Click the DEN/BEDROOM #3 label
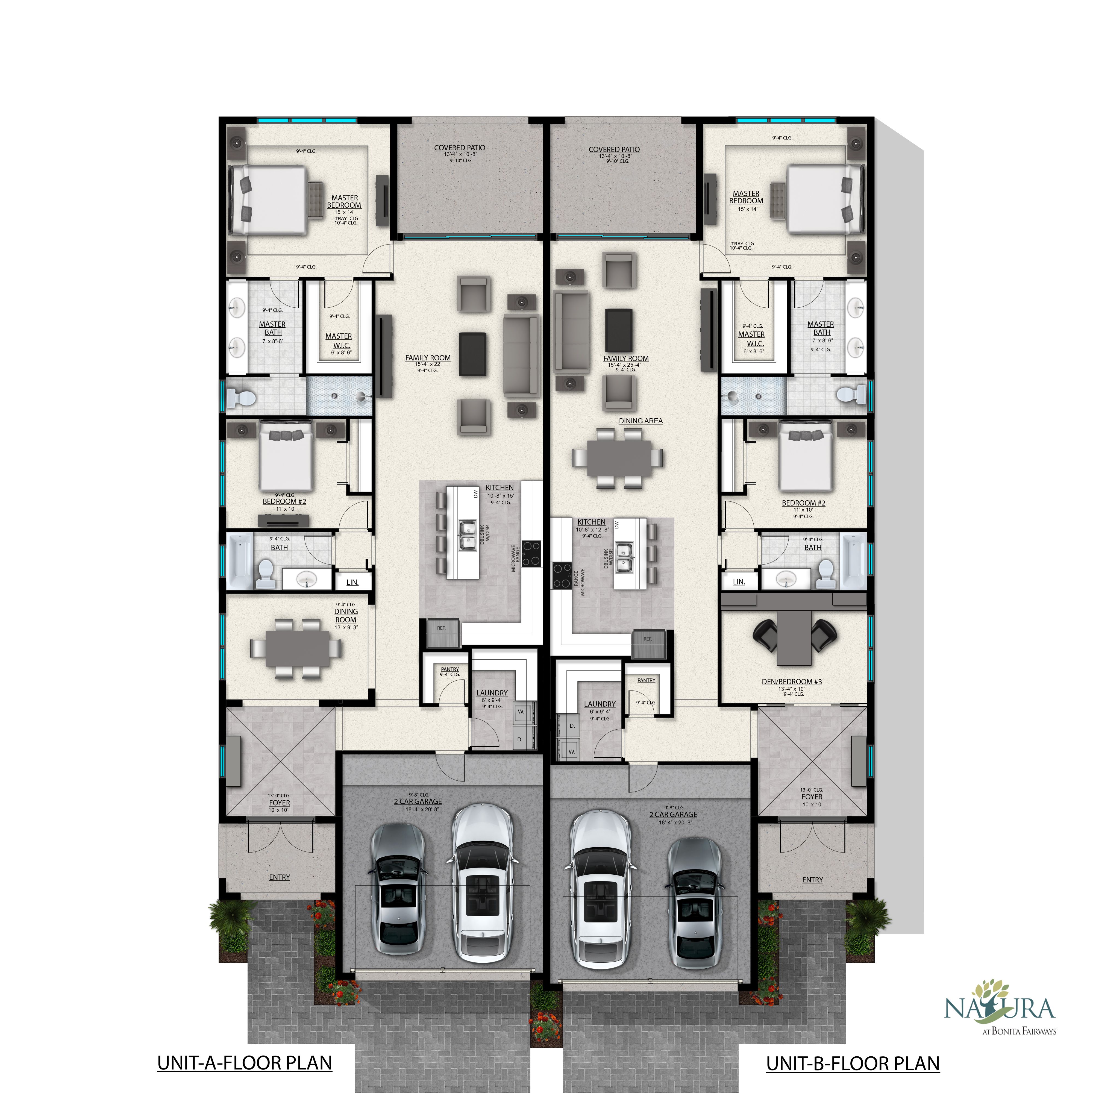pyautogui.click(x=791, y=682)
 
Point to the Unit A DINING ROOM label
pyautogui.click(x=346, y=616)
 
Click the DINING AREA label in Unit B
pyautogui.click(x=640, y=421)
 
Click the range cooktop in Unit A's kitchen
pyautogui.click(x=531, y=553)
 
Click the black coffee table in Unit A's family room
pyautogui.click(x=472, y=354)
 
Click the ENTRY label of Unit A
pyautogui.click(x=280, y=877)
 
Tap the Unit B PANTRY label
pyautogui.click(x=646, y=681)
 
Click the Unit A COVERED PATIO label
pyautogui.click(x=459, y=148)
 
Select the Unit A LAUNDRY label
pyautogui.click(x=492, y=693)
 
